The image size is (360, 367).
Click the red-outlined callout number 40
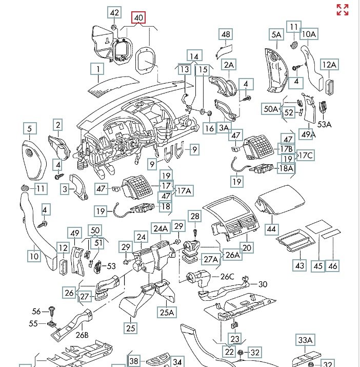point(138,18)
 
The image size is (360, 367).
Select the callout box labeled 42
point(114,13)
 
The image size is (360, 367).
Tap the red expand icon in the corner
point(342,10)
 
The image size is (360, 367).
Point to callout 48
point(226,35)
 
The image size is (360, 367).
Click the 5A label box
point(277,35)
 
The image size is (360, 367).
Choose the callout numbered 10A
point(309,35)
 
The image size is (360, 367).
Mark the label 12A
point(329,65)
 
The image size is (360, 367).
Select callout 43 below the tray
point(299,265)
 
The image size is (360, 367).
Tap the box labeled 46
point(333,265)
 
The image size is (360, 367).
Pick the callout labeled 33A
point(306,340)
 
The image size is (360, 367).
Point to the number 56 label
point(36,311)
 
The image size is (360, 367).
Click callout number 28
point(194,217)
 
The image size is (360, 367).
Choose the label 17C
point(306,155)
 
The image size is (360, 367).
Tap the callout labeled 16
point(209,128)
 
